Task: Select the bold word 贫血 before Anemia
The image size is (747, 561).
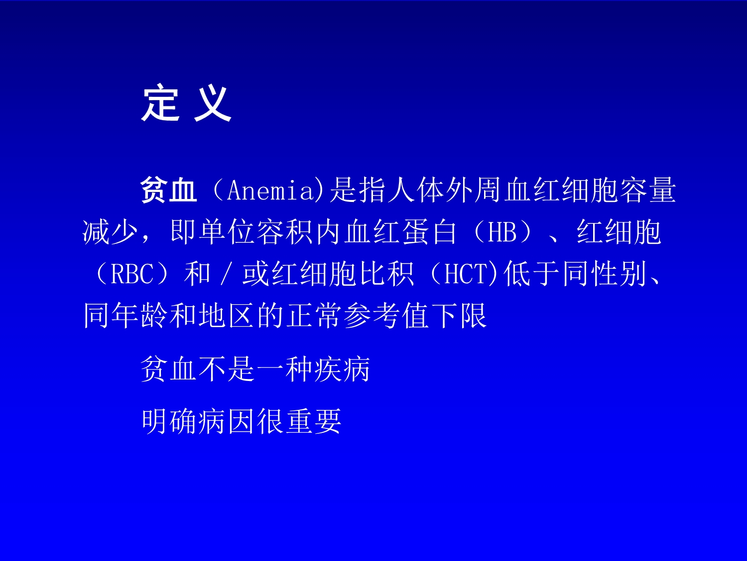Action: pos(169,190)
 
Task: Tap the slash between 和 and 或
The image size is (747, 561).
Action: pos(226,274)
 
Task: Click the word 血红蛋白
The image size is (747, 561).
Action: pos(400,232)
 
